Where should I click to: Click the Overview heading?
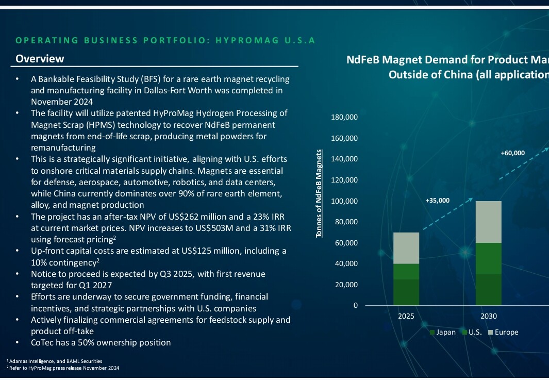coord(40,59)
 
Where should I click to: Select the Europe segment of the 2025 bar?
coord(406,248)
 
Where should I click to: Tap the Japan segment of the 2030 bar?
coord(488,289)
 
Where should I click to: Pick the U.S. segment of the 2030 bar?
coord(488,258)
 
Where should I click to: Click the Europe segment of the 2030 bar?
coord(488,222)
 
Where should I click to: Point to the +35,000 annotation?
coord(437,201)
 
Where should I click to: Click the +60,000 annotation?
coord(512,153)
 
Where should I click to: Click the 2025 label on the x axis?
coord(406,316)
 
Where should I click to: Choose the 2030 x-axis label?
coord(488,316)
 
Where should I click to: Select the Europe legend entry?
coord(506,332)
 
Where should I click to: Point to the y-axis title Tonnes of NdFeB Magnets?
coord(320,193)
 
